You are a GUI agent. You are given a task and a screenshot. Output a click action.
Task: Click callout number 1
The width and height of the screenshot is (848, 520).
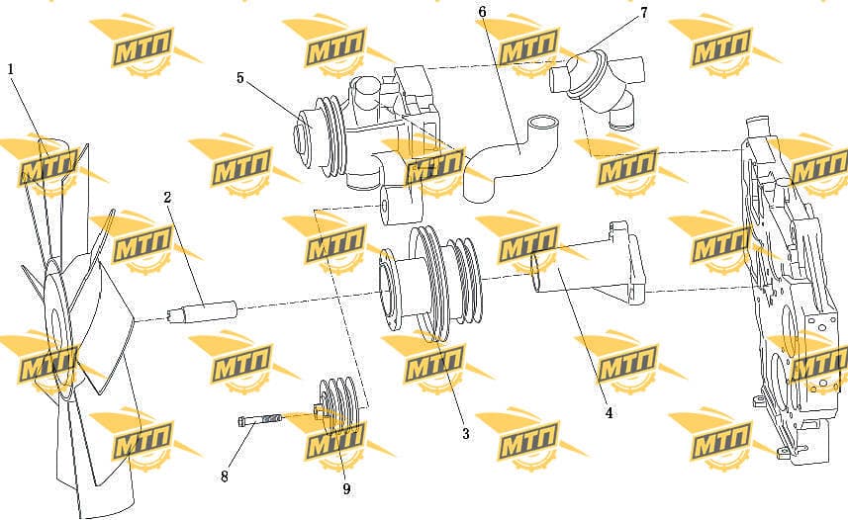click(10, 69)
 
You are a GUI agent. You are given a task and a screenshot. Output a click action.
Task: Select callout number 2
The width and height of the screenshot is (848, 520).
click(167, 198)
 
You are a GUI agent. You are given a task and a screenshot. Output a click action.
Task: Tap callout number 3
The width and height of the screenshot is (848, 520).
click(465, 433)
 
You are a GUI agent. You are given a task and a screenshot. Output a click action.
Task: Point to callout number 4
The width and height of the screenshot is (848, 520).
click(609, 412)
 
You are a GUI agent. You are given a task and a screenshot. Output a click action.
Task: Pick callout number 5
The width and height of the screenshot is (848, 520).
click(240, 78)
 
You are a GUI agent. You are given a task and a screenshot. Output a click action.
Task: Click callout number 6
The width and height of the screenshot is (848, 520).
click(483, 12)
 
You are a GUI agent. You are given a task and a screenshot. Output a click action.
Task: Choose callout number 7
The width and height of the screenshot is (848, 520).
click(643, 12)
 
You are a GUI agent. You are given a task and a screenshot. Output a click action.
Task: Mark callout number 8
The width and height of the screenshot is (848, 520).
click(225, 477)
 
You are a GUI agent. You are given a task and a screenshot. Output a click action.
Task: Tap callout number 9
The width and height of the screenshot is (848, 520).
click(346, 488)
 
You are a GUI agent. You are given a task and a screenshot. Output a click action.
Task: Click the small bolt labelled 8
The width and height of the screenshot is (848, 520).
click(259, 419)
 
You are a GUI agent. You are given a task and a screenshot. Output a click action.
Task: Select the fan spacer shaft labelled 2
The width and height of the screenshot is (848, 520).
click(203, 311)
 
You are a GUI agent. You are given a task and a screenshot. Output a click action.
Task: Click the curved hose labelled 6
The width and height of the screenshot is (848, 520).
click(509, 158)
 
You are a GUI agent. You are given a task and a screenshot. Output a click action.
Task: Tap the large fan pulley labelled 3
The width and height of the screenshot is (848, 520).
click(430, 284)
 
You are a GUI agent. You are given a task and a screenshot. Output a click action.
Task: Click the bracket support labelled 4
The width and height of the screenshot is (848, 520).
click(590, 265)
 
